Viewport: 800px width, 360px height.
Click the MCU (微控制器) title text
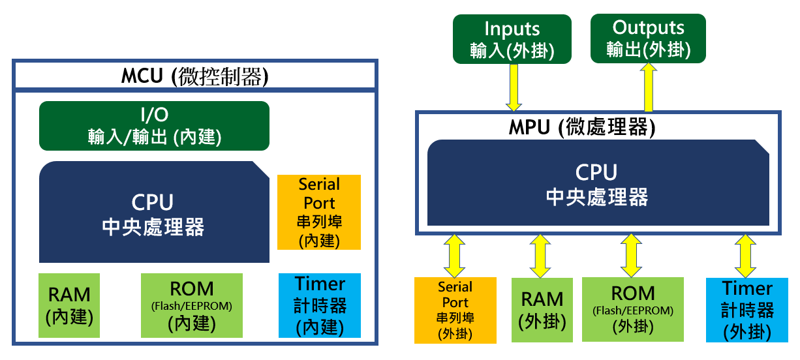coord(194,76)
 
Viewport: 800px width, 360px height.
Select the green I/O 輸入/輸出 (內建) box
coord(154,125)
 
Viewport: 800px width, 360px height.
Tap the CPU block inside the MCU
coord(154,212)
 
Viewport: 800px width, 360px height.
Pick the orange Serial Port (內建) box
coord(319,212)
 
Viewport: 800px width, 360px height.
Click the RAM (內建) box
coord(69,305)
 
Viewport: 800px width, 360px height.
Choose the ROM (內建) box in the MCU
coord(192,305)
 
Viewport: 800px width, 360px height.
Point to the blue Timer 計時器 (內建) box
coord(320,305)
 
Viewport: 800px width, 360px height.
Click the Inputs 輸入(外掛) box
coord(512,39)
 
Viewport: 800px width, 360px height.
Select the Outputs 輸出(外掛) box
coord(648,39)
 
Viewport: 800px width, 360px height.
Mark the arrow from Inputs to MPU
coord(513,87)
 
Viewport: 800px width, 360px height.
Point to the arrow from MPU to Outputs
coord(649,87)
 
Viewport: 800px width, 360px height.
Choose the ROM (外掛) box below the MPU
coord(632,309)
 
